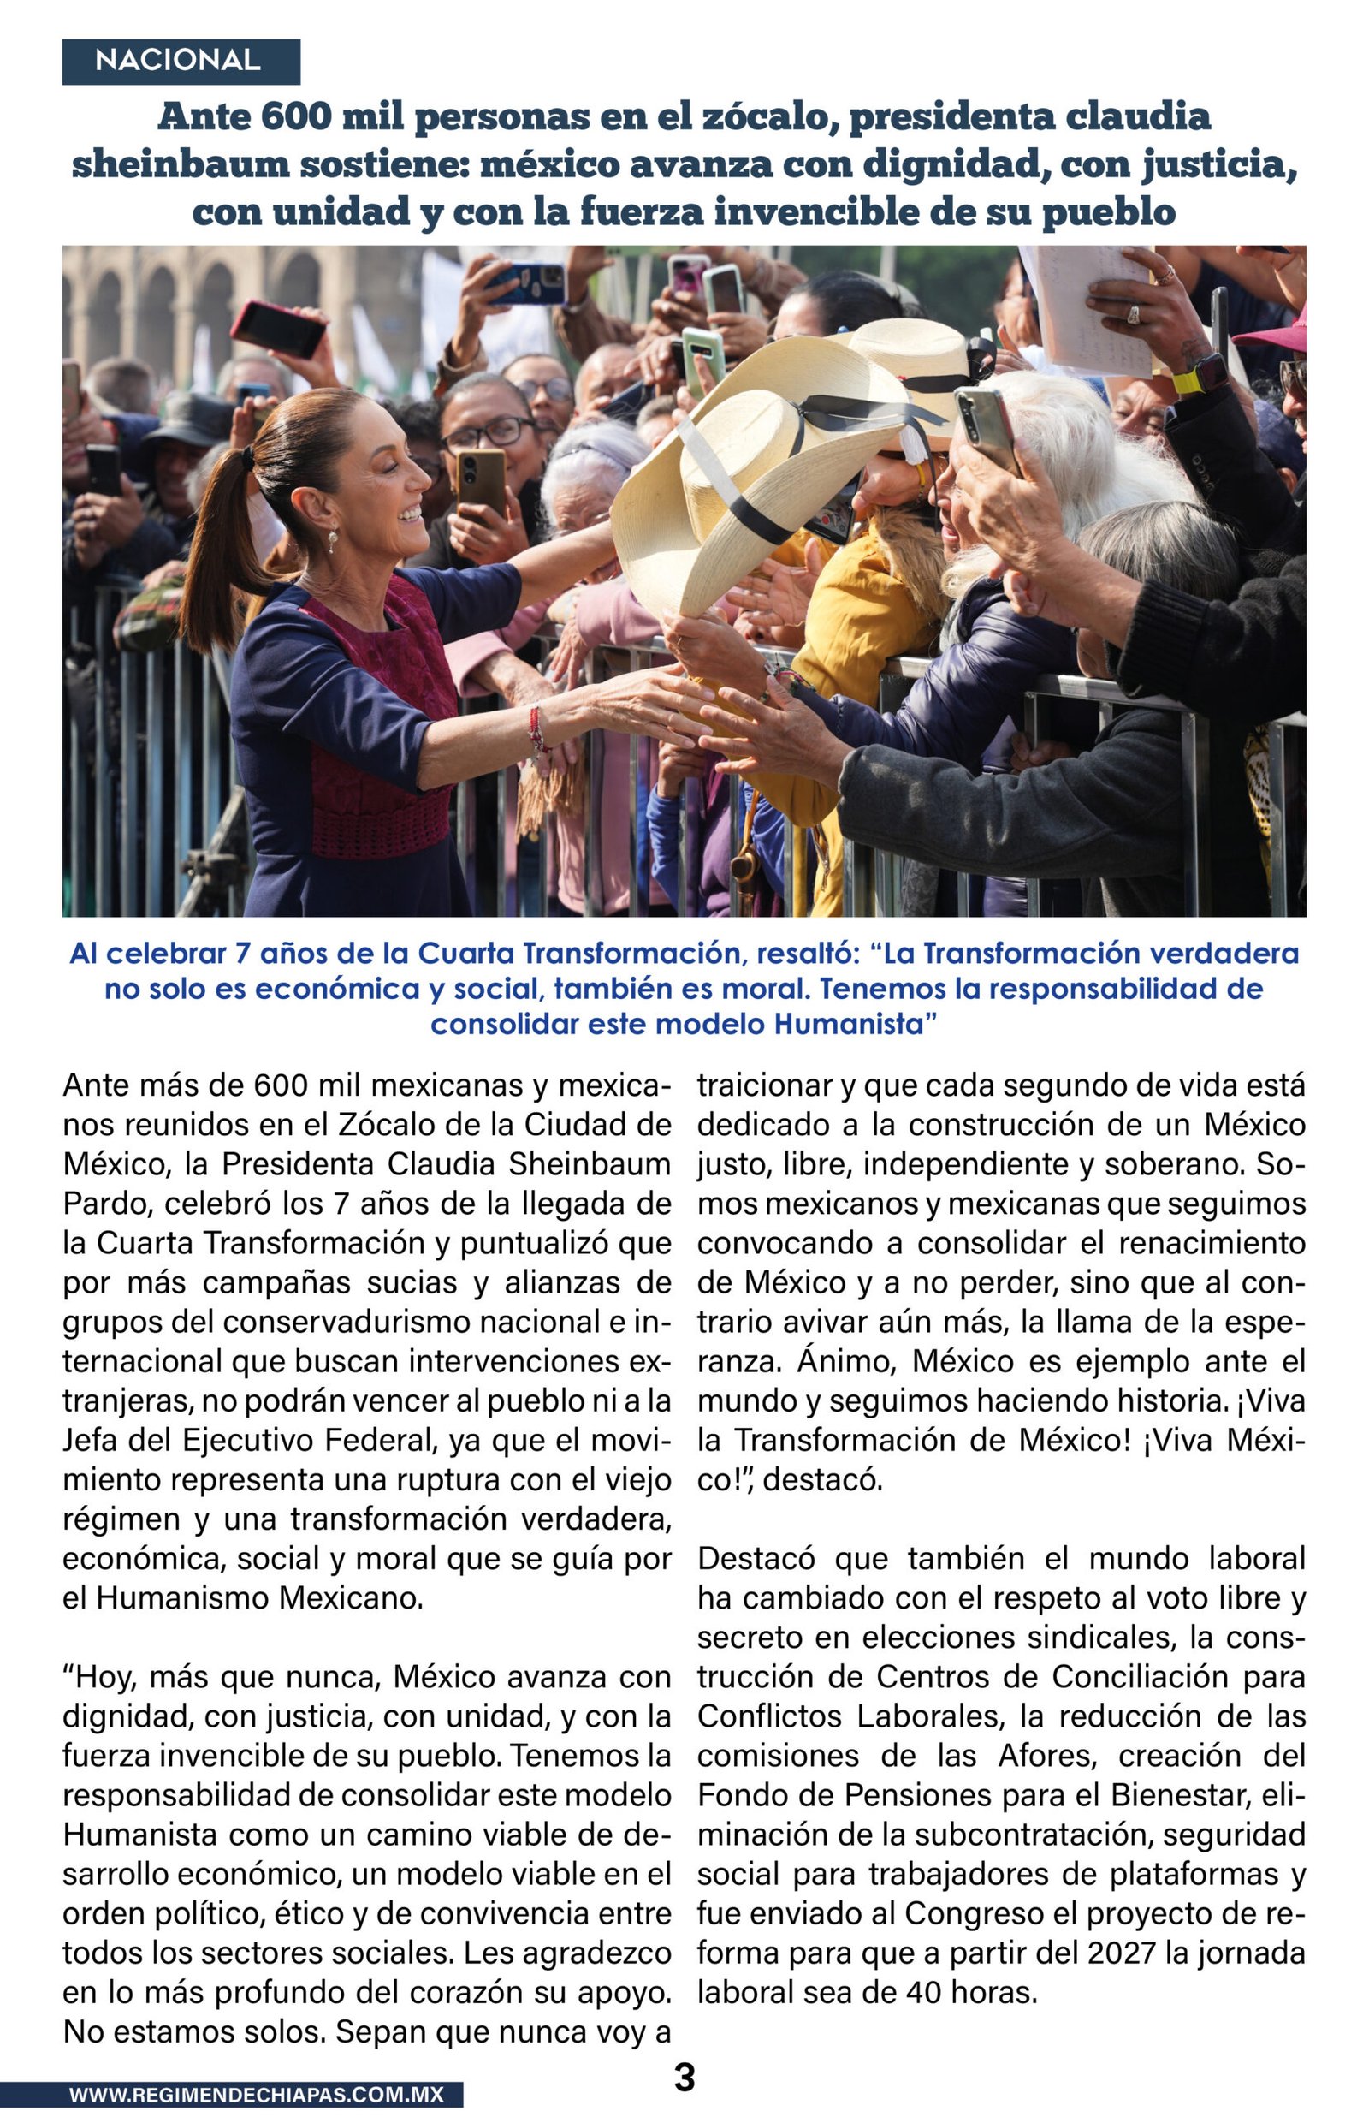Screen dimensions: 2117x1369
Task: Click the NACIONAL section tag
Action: pos(178,61)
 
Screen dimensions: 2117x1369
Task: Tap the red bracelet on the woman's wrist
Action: pos(536,728)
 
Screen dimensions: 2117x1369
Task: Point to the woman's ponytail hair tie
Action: pos(248,458)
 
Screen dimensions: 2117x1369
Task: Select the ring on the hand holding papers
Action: pos(1133,314)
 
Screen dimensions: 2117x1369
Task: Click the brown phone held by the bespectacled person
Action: pos(481,480)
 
